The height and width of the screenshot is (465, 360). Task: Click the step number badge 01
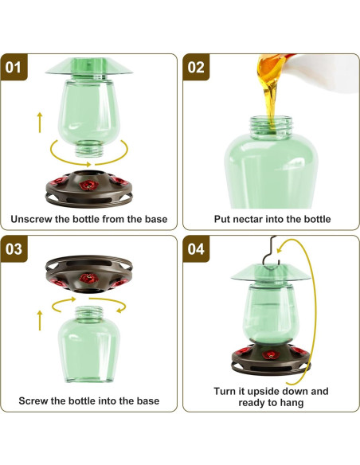pos(13,68)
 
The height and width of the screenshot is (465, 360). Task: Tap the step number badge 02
pos(195,68)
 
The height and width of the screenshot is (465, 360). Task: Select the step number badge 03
pos(13,248)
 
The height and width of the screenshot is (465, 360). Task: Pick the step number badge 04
pos(195,248)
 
